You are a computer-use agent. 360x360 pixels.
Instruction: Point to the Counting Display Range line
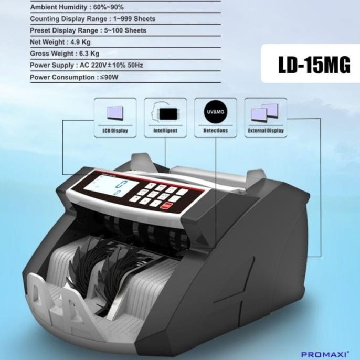click(x=92, y=19)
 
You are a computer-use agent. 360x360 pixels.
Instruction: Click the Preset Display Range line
click(x=88, y=30)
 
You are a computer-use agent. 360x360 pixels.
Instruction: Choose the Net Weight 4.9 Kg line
click(x=60, y=42)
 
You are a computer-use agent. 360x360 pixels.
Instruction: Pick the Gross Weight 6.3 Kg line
click(x=65, y=54)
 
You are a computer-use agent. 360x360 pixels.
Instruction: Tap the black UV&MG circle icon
click(x=215, y=112)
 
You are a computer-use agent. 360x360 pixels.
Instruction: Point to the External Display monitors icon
click(x=265, y=112)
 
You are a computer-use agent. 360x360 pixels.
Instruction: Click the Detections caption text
click(x=215, y=131)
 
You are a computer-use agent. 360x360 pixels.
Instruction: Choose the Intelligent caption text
click(x=165, y=131)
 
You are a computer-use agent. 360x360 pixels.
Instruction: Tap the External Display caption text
click(x=266, y=131)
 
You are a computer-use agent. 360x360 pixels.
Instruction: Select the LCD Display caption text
click(x=115, y=131)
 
